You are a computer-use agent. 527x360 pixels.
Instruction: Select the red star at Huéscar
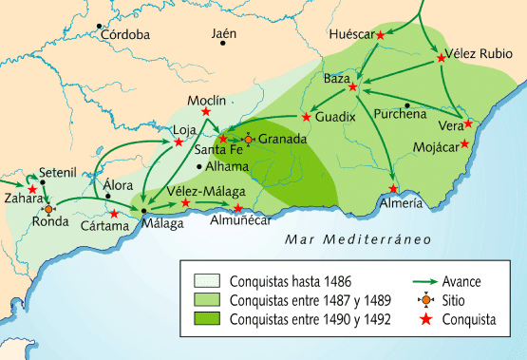(x=381, y=35)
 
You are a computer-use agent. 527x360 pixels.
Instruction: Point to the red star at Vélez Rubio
(x=442, y=59)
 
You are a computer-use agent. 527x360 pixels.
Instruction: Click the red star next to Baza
(x=352, y=87)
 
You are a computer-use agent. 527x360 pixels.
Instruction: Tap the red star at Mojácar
(x=465, y=144)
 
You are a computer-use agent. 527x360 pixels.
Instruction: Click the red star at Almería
(x=394, y=188)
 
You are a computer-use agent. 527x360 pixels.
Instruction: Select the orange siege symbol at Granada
(x=249, y=139)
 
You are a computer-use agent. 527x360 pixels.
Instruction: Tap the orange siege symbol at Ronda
(x=48, y=208)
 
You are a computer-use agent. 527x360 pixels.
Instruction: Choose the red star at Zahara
(x=32, y=190)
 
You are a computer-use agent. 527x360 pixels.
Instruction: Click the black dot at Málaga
(x=143, y=209)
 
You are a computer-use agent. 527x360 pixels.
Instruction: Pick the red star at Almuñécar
(x=238, y=208)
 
